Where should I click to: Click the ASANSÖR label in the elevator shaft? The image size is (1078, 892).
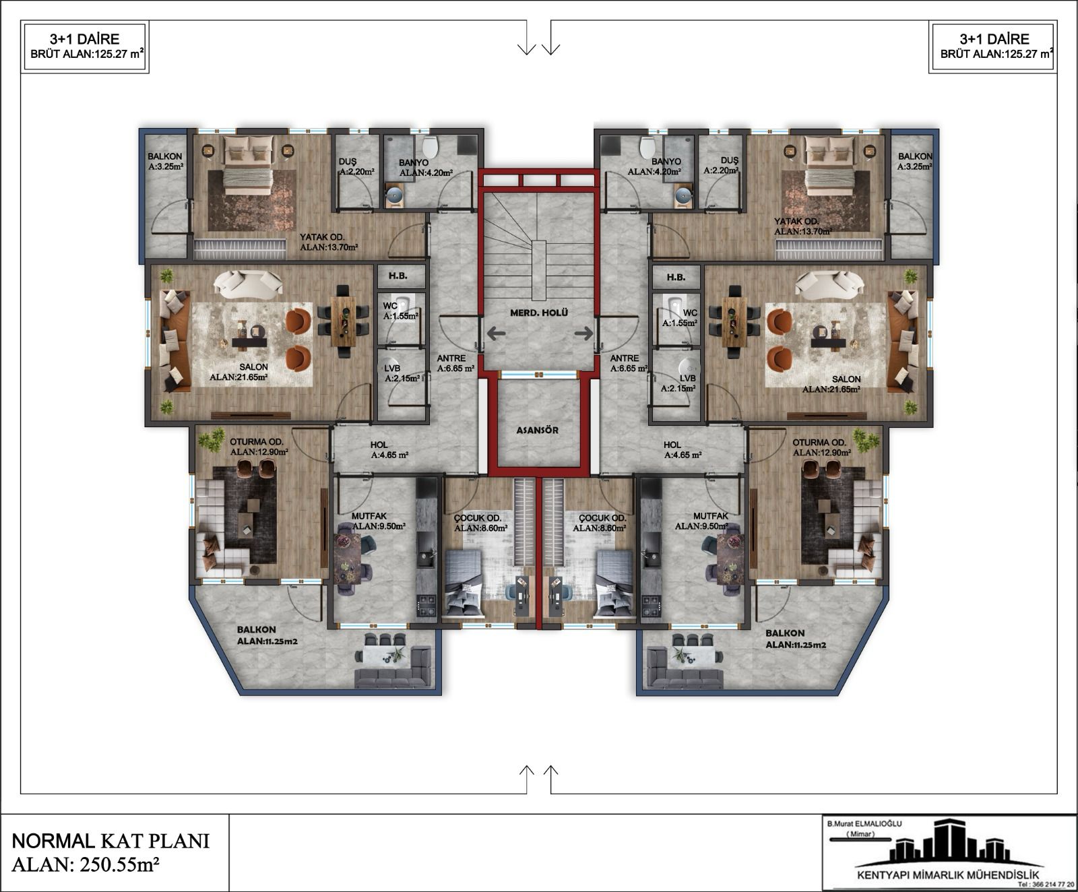point(538,430)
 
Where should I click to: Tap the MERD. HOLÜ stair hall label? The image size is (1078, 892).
point(539,313)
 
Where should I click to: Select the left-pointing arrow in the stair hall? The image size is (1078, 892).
point(496,333)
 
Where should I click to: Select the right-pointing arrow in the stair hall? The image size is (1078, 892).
point(583,333)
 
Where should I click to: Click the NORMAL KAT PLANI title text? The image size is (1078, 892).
point(110,841)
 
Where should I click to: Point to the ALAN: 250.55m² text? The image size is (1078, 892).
point(86,864)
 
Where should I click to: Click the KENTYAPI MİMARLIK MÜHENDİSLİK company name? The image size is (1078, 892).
point(948,874)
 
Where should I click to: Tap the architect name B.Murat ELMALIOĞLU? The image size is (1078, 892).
point(864,823)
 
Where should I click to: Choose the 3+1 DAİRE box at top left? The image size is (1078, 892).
point(85,46)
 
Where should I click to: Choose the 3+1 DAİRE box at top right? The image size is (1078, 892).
point(993,46)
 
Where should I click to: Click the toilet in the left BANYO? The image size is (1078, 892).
point(430,147)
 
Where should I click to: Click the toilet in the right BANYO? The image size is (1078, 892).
point(647,147)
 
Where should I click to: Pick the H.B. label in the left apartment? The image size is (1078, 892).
point(398,276)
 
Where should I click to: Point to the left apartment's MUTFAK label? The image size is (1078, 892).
point(369,516)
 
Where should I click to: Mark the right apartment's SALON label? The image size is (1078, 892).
point(846,379)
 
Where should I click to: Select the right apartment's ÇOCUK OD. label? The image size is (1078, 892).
point(602,518)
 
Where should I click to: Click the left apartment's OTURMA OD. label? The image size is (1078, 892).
point(257,443)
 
